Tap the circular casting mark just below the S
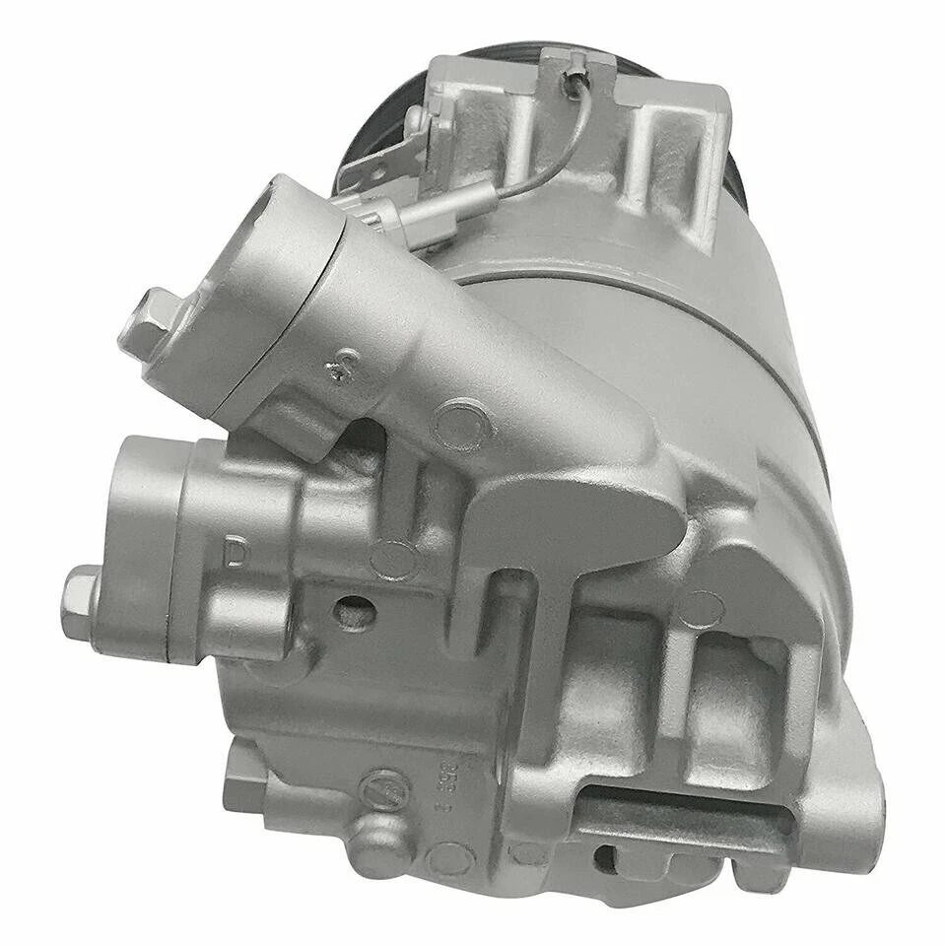click(x=460, y=422)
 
